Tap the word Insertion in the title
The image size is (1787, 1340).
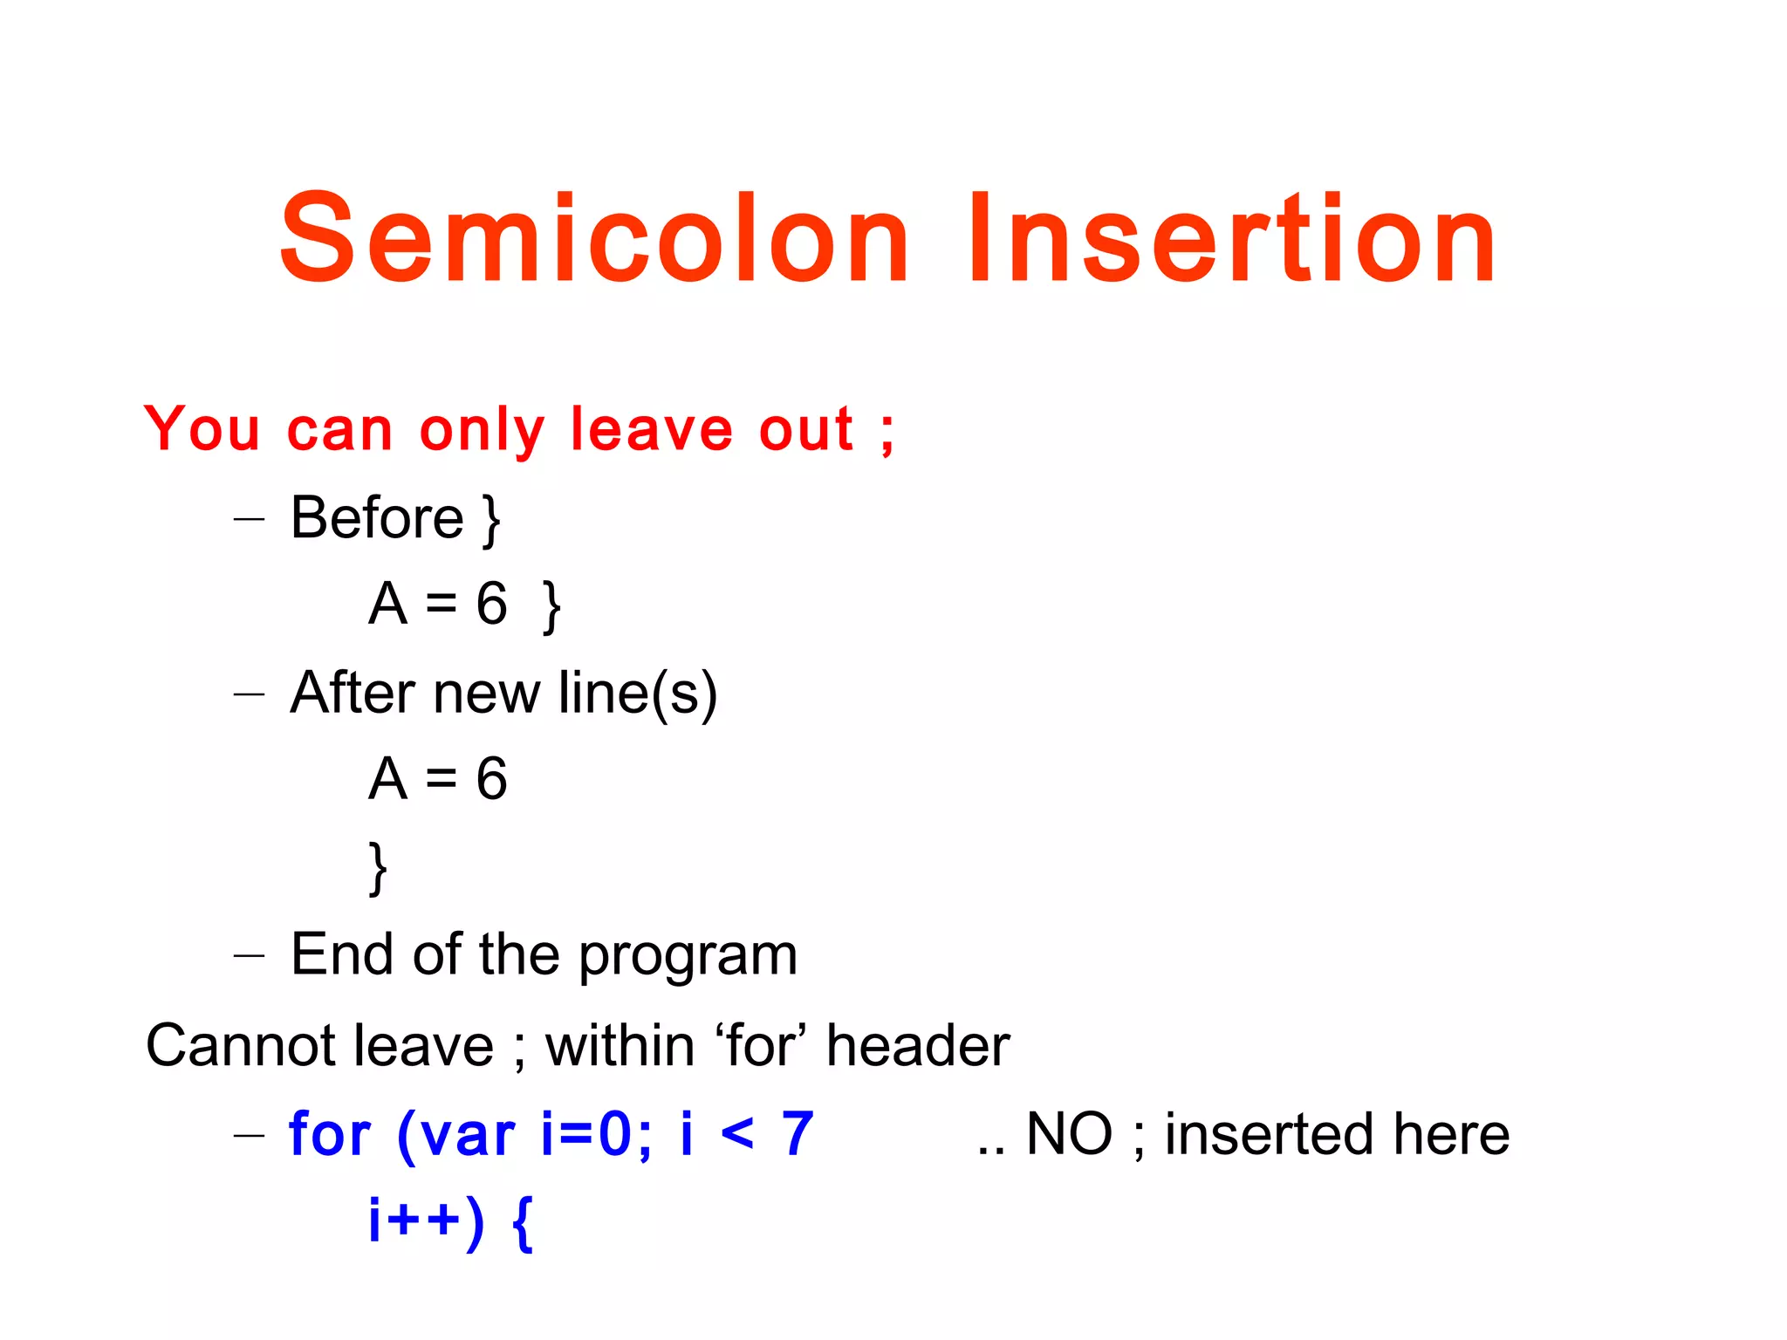(x=1231, y=240)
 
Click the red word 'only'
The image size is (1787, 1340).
(x=482, y=431)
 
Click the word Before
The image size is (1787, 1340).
(x=376, y=517)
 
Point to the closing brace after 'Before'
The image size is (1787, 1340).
(x=492, y=521)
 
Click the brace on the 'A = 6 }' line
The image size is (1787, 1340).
(x=551, y=607)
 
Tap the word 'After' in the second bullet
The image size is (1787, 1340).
(x=352, y=693)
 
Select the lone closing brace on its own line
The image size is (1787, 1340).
(x=377, y=869)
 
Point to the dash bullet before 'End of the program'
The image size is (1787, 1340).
(x=249, y=955)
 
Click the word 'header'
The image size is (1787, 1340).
(x=917, y=1045)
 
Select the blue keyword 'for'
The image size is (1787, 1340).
(x=330, y=1134)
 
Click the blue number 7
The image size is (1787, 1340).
(x=798, y=1134)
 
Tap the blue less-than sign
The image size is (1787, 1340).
(x=738, y=1134)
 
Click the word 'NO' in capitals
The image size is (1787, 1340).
(x=1069, y=1134)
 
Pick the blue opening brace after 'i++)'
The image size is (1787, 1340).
(x=522, y=1223)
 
